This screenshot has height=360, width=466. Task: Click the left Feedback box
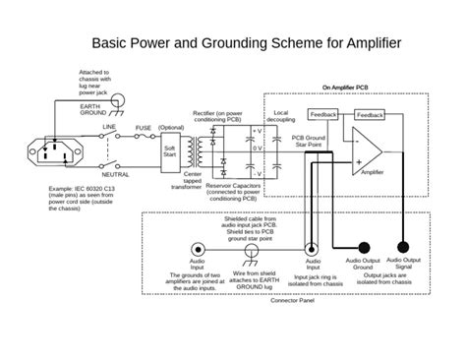pyautogui.click(x=323, y=115)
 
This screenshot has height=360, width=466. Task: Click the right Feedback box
pyautogui.click(x=371, y=115)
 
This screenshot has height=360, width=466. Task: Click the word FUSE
pyautogui.click(x=144, y=128)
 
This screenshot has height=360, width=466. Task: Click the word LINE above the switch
pyautogui.click(x=110, y=128)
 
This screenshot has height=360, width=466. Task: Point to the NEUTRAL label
pyautogui.click(x=115, y=174)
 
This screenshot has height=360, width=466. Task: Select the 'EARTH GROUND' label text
pyautogui.click(x=92, y=109)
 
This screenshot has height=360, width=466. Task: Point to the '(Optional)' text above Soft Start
pyautogui.click(x=171, y=127)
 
